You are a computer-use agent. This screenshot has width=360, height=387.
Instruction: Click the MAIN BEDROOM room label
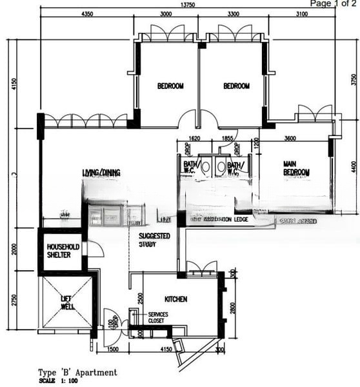(x=296, y=168)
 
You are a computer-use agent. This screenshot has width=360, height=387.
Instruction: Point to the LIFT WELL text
(x=68, y=303)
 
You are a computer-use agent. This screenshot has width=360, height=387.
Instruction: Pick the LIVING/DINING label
(x=102, y=173)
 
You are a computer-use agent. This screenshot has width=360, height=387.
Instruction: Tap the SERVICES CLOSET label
(x=158, y=317)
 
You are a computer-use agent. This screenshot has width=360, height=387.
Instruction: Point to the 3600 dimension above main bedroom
(x=290, y=137)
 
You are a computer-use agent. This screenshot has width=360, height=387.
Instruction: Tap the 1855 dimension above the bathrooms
(x=226, y=138)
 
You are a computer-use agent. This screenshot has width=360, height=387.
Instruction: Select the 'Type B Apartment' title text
(x=77, y=372)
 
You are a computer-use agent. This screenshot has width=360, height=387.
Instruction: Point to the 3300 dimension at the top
(x=233, y=14)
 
